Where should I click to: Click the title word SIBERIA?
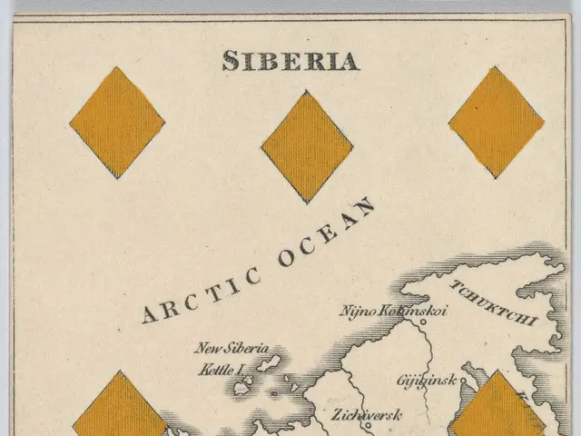290,60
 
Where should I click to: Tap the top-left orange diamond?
117,122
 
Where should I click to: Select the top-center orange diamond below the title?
307,146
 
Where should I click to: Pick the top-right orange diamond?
497,122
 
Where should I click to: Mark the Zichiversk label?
366,416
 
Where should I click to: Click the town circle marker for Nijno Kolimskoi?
423,321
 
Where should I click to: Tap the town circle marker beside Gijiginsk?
463,381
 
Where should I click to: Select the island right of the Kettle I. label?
266,365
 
